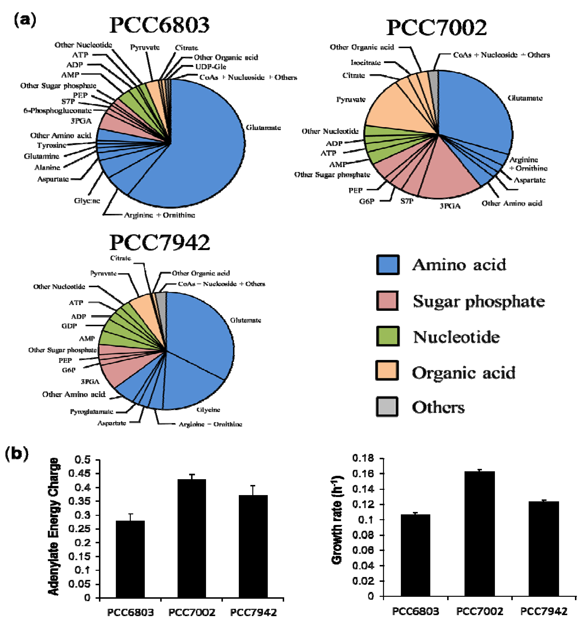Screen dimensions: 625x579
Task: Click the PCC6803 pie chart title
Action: click(x=159, y=25)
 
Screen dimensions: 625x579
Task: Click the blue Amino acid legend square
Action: click(x=388, y=265)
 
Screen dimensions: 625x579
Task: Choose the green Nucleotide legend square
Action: click(x=388, y=336)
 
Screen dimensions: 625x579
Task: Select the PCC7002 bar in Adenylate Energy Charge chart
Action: click(x=191, y=538)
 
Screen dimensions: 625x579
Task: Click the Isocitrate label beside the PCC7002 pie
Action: click(x=365, y=63)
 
